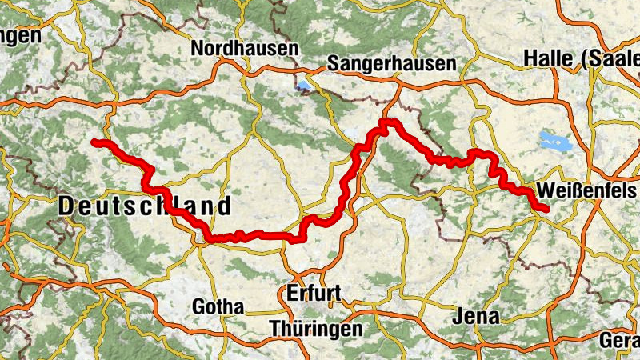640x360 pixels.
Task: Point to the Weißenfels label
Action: click(587, 191)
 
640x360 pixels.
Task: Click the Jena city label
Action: click(476, 316)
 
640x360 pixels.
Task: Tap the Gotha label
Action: click(218, 306)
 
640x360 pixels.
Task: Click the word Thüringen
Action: click(315, 329)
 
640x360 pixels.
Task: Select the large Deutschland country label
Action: click(145, 206)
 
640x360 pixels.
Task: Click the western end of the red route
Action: click(94, 142)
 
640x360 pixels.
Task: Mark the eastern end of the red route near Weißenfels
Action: click(546, 210)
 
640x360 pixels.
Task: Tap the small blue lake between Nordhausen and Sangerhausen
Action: click(303, 86)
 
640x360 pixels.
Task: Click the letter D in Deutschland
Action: click(67, 206)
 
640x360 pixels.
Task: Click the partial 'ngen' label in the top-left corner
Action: click(20, 37)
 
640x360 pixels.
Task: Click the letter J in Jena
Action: click(457, 316)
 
